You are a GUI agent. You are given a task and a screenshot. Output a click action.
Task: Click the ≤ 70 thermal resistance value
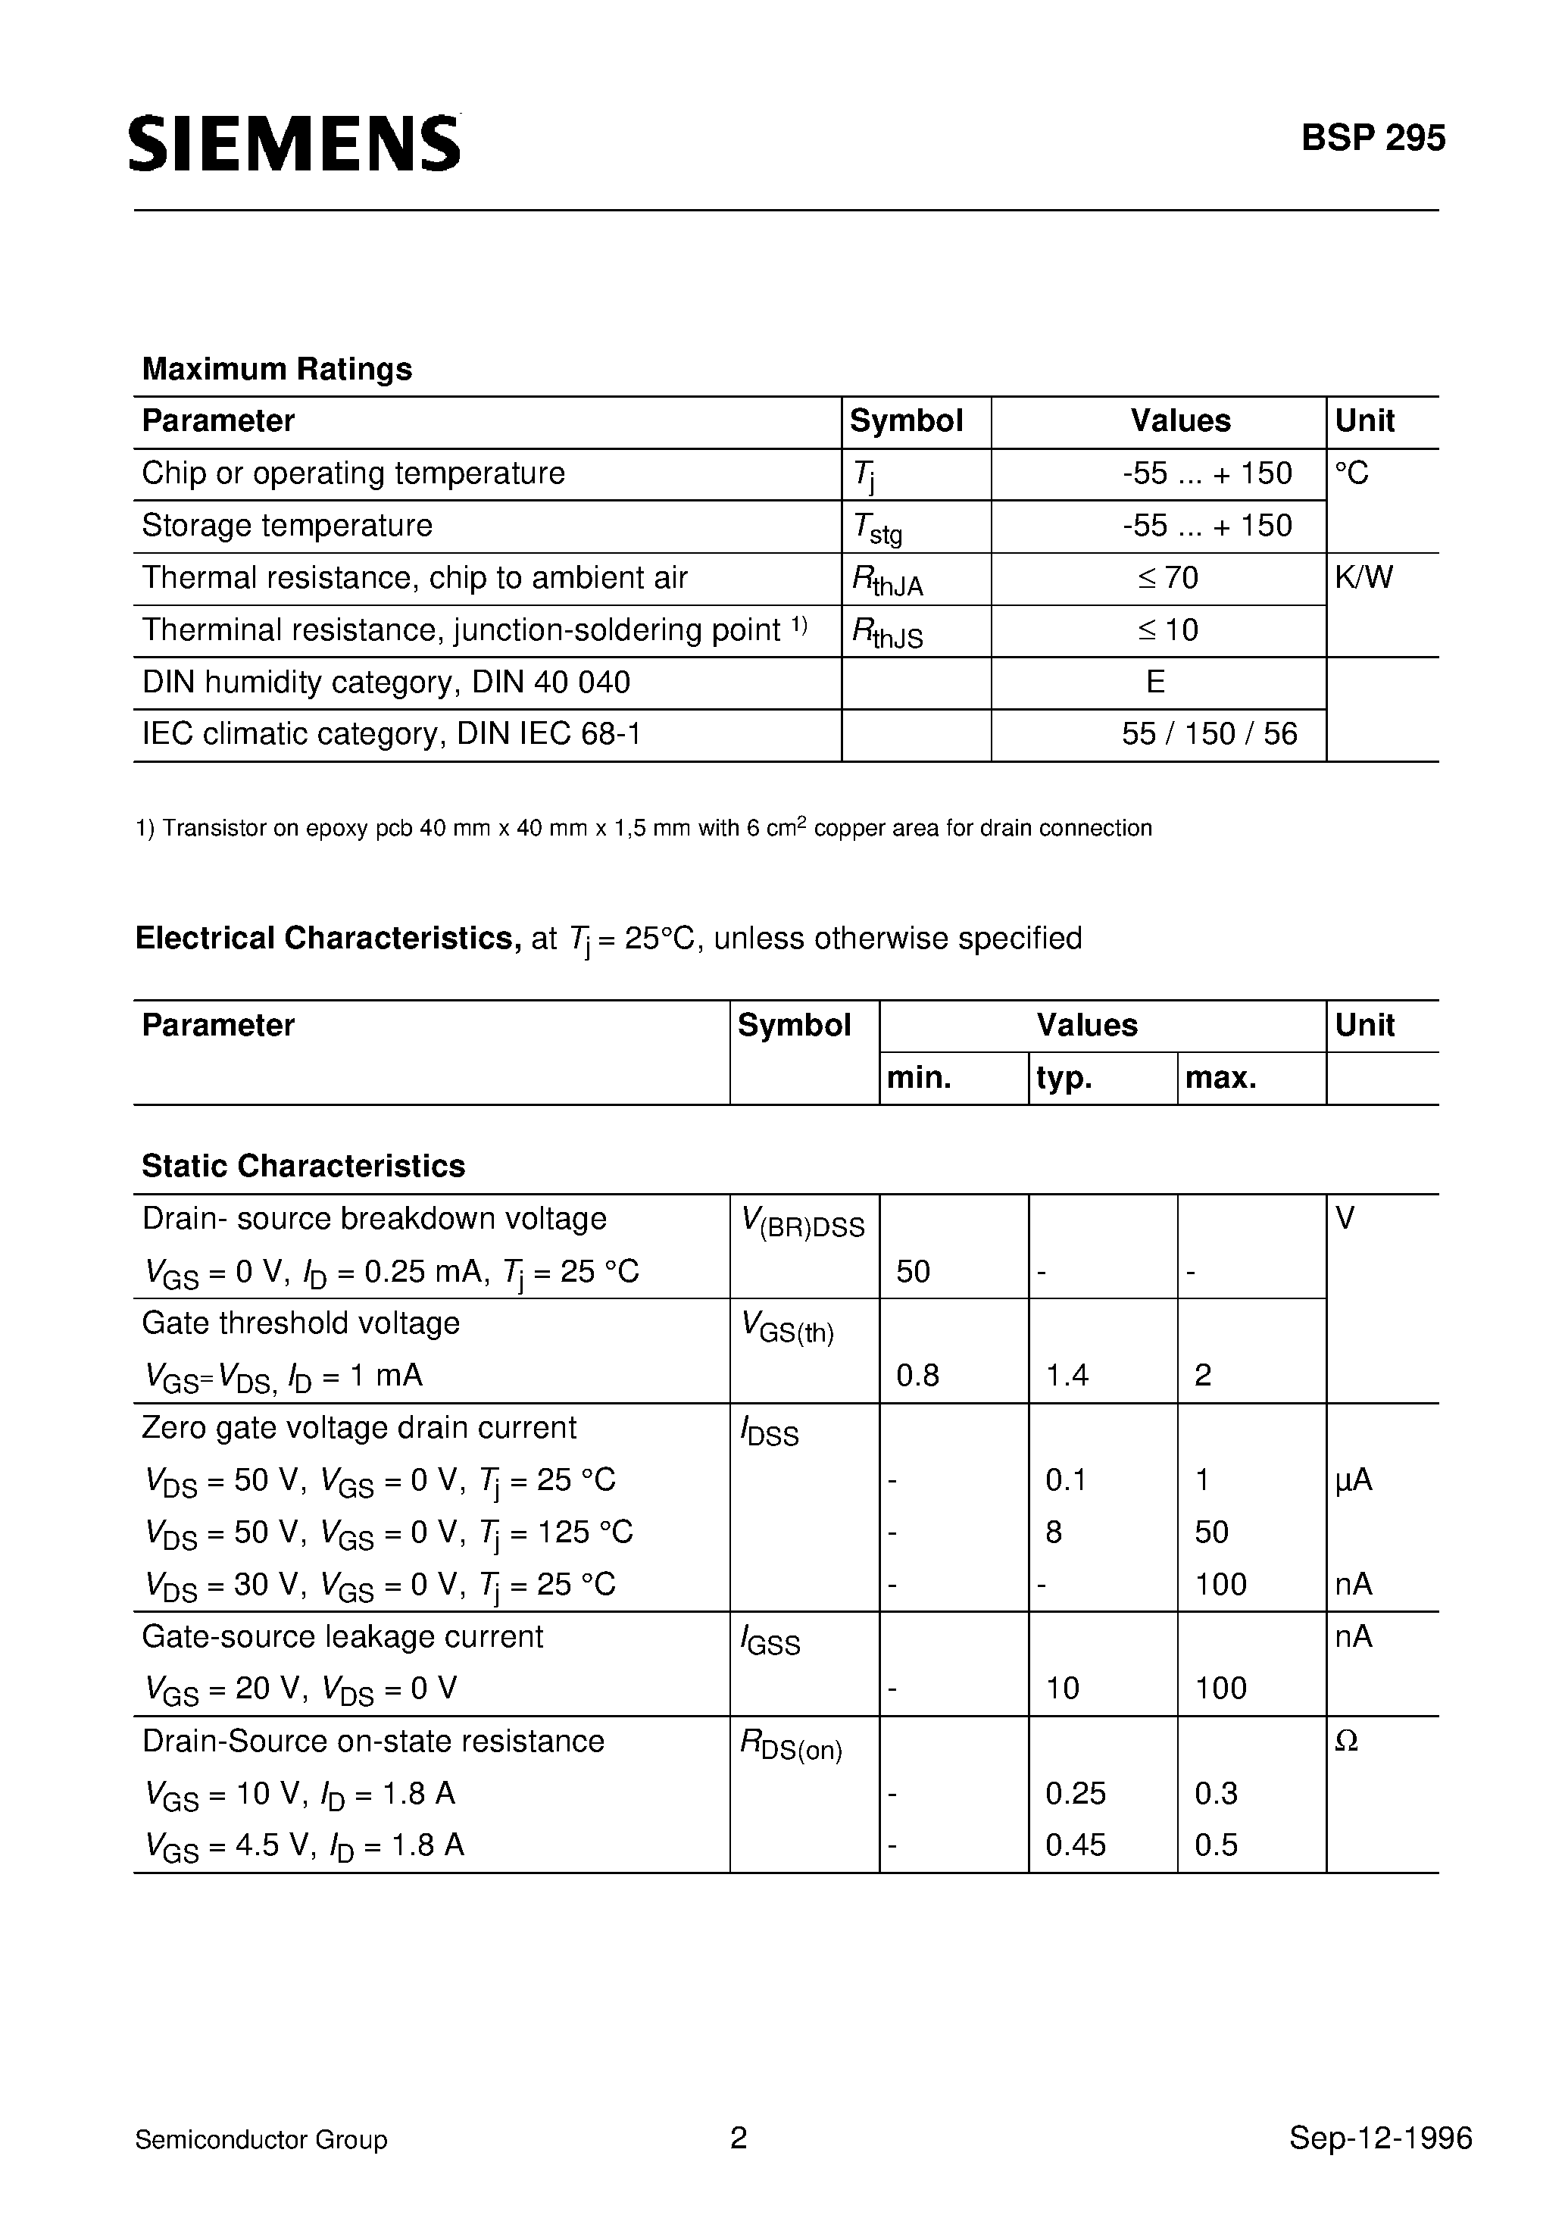(1167, 578)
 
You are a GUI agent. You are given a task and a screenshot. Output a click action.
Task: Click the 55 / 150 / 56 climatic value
(1209, 734)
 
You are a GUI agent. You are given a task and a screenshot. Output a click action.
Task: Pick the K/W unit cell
(1364, 578)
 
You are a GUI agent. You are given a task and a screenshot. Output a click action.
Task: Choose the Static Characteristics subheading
(303, 1167)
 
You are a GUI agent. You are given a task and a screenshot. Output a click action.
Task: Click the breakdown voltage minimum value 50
(913, 1271)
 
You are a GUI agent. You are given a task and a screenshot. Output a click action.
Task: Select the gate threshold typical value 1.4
(1067, 1375)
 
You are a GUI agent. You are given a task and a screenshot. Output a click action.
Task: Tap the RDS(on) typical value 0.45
(1075, 1845)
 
